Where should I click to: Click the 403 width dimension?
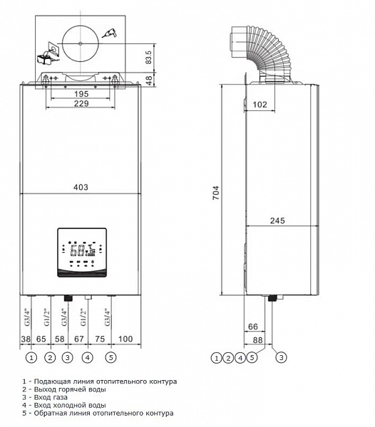pos(81,187)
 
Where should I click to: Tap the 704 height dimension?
pos(216,193)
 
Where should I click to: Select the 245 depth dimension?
pos(277,221)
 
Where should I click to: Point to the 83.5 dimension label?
pos(148,58)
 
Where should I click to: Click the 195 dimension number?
pos(81,94)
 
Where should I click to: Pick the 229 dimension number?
pos(81,103)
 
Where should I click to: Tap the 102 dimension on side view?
pos(260,105)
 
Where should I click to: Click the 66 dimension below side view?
pos(253,327)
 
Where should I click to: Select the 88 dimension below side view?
pos(258,340)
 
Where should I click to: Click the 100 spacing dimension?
pos(125,339)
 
